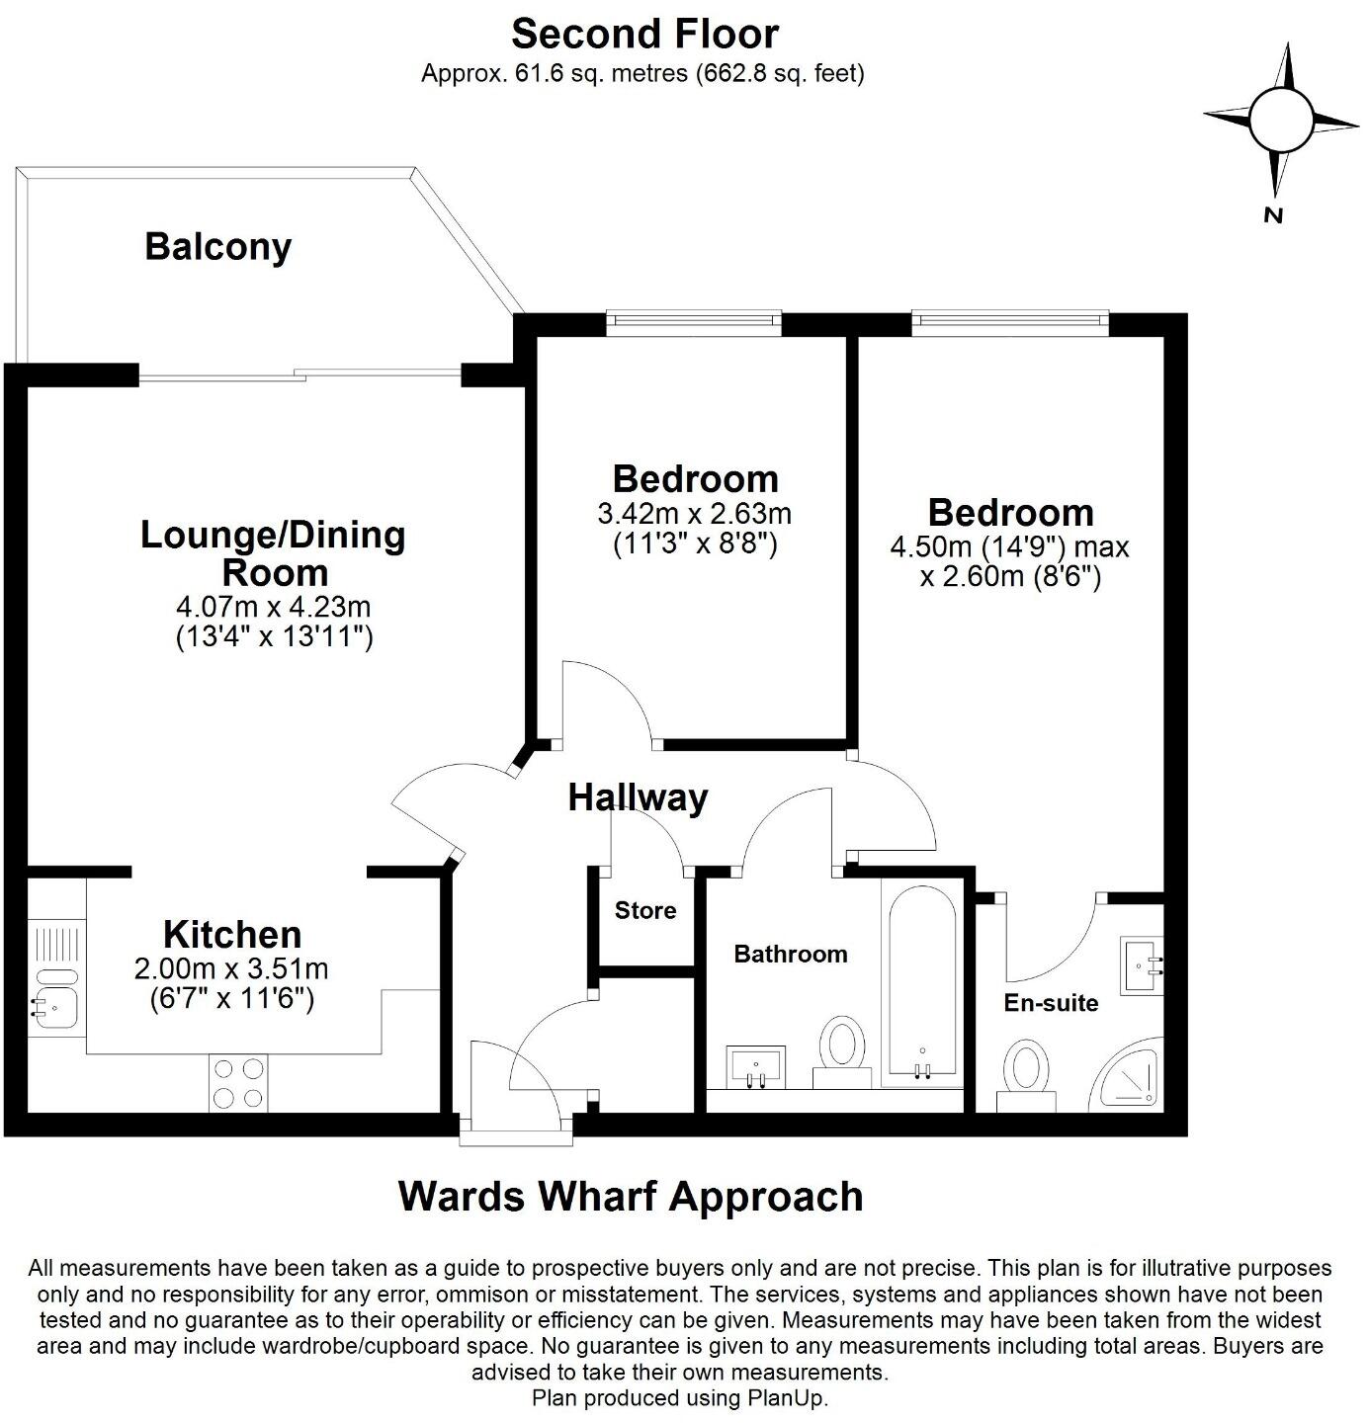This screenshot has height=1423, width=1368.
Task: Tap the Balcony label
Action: [218, 246]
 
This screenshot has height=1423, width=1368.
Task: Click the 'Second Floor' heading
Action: [644, 35]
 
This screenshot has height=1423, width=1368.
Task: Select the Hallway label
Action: [638, 796]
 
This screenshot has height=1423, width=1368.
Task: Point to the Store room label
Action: [645, 910]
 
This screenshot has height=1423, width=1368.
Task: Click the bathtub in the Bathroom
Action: [921, 979]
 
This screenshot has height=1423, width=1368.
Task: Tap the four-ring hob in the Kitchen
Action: [238, 1082]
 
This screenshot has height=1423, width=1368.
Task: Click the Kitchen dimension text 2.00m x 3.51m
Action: [231, 968]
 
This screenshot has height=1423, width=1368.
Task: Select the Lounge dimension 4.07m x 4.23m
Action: [273, 606]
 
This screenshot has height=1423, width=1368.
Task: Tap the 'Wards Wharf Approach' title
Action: [631, 1196]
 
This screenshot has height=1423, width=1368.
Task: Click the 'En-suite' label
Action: [1051, 1003]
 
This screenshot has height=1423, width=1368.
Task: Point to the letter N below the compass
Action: [1273, 214]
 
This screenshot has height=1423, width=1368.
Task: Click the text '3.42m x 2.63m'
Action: [694, 514]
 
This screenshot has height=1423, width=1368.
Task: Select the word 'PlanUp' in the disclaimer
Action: [784, 1398]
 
